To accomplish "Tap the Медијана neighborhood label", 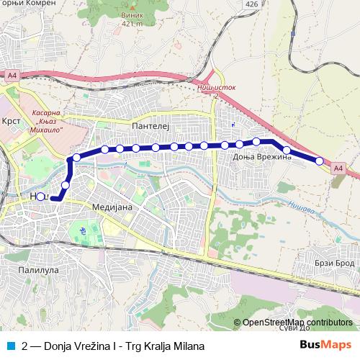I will tap(109, 205).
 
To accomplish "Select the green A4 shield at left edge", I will tap(12, 75).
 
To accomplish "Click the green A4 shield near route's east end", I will tap(338, 168).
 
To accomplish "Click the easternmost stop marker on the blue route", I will tap(320, 161).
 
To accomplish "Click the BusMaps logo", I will tap(326, 346).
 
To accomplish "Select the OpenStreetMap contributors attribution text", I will tap(297, 323).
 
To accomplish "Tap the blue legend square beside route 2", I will tap(9, 346).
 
